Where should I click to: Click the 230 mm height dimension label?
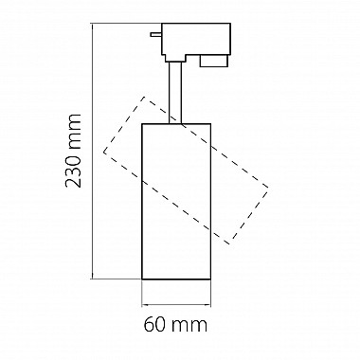coord(73,151)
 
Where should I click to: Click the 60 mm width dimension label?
coord(175,324)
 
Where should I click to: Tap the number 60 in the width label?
coord(154,324)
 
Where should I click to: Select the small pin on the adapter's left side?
coord(156,34)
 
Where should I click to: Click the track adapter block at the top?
coord(196,42)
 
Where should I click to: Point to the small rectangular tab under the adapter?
coord(213,61)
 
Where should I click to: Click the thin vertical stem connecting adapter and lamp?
coord(175,92)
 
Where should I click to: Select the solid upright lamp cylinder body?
coord(176,201)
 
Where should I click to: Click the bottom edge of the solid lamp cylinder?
coord(176,279)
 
